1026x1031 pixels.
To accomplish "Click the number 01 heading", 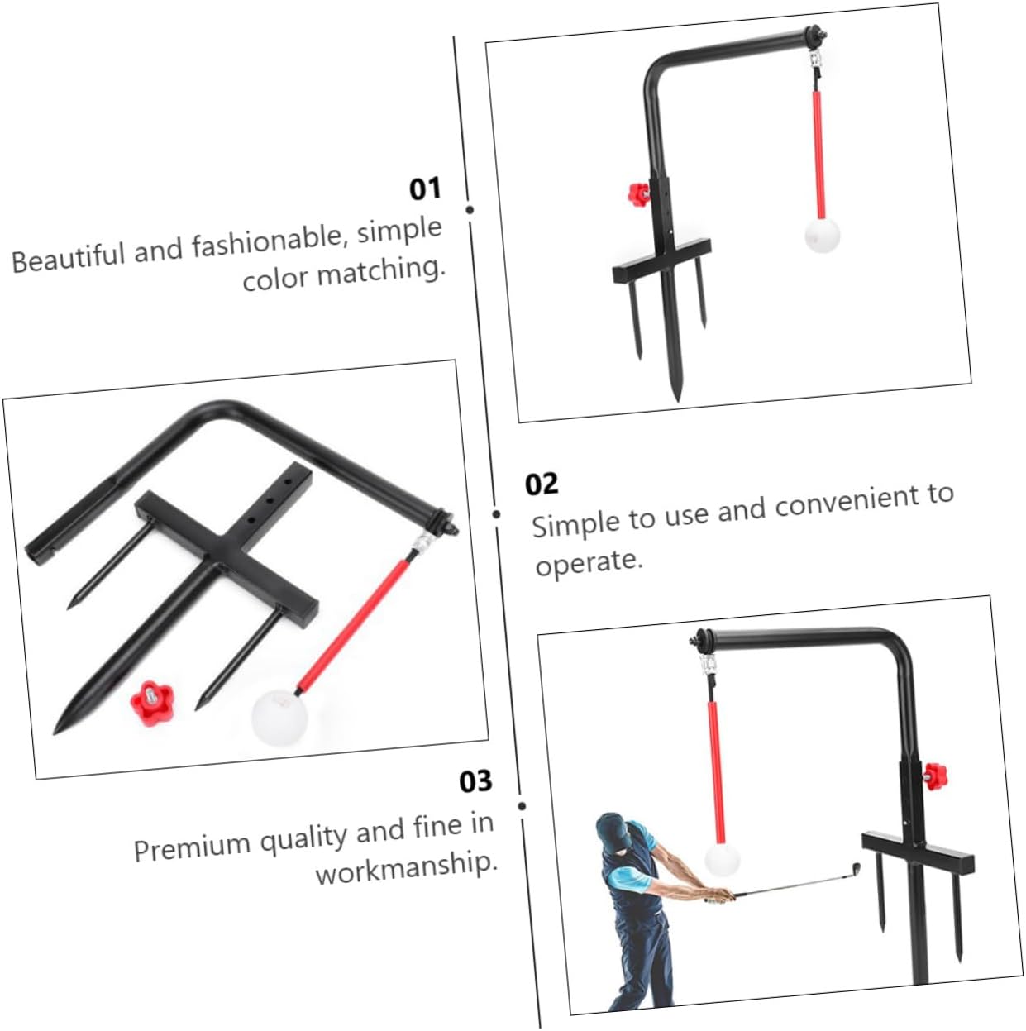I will [x=425, y=189].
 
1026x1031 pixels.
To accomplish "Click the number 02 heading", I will [x=542, y=484].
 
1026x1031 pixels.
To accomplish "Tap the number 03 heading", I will [x=475, y=781].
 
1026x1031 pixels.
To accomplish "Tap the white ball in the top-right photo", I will [x=822, y=235].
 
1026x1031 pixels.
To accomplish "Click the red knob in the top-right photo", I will [x=637, y=195].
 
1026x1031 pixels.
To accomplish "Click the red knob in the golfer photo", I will [x=934, y=776].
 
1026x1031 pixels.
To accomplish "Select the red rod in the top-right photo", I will [x=818, y=153].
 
